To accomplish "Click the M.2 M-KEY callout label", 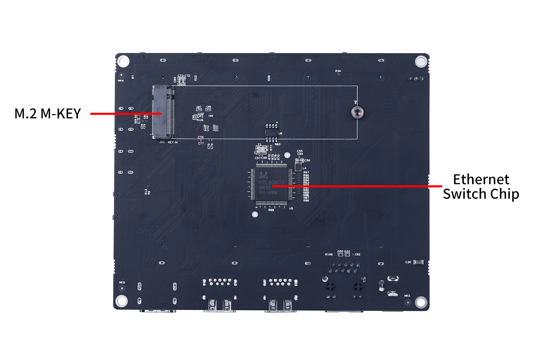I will (48, 114).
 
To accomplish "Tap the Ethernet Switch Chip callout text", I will (481, 187).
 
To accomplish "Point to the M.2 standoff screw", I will (357, 112).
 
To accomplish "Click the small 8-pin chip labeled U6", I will (271, 132).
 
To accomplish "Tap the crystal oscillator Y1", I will (260, 149).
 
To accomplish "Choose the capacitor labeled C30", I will (418, 262).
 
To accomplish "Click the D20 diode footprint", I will (341, 255).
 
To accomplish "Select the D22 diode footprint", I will (347, 255).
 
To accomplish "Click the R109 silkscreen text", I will (329, 255).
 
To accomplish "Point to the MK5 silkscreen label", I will (407, 296).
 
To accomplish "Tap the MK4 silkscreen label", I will (121, 81).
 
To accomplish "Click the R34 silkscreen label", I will (338, 71).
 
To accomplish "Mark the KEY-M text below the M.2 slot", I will (173, 142).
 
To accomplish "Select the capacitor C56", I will (300, 161).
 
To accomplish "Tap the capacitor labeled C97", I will (199, 109).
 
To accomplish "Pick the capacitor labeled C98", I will (208, 109).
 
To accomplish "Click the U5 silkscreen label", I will (291, 208).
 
